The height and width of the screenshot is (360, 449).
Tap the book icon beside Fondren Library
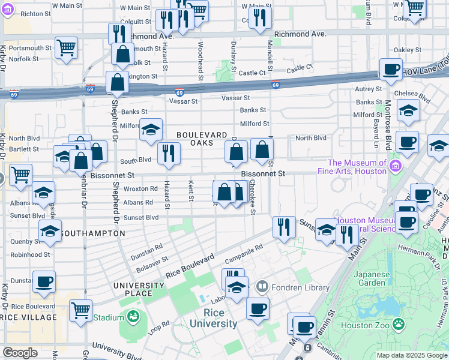point(262,287)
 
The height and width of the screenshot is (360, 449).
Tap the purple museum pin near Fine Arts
point(395,166)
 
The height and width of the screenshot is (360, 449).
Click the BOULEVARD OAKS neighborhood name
point(201,139)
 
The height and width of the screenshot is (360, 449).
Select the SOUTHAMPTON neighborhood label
point(93,233)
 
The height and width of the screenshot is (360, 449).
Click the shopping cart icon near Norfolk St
point(65,47)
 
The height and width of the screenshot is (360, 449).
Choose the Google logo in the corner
point(20,353)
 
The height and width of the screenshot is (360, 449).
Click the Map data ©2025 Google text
point(411,355)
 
